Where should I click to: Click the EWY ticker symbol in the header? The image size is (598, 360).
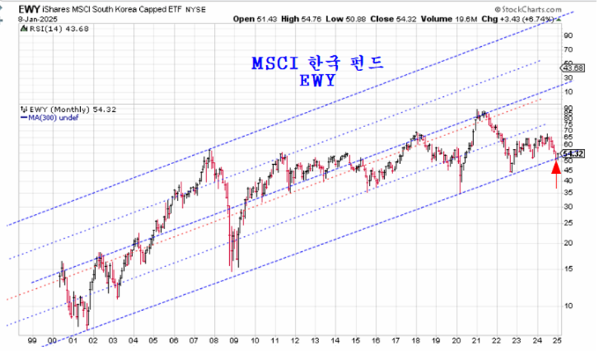pyautogui.click(x=14, y=8)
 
